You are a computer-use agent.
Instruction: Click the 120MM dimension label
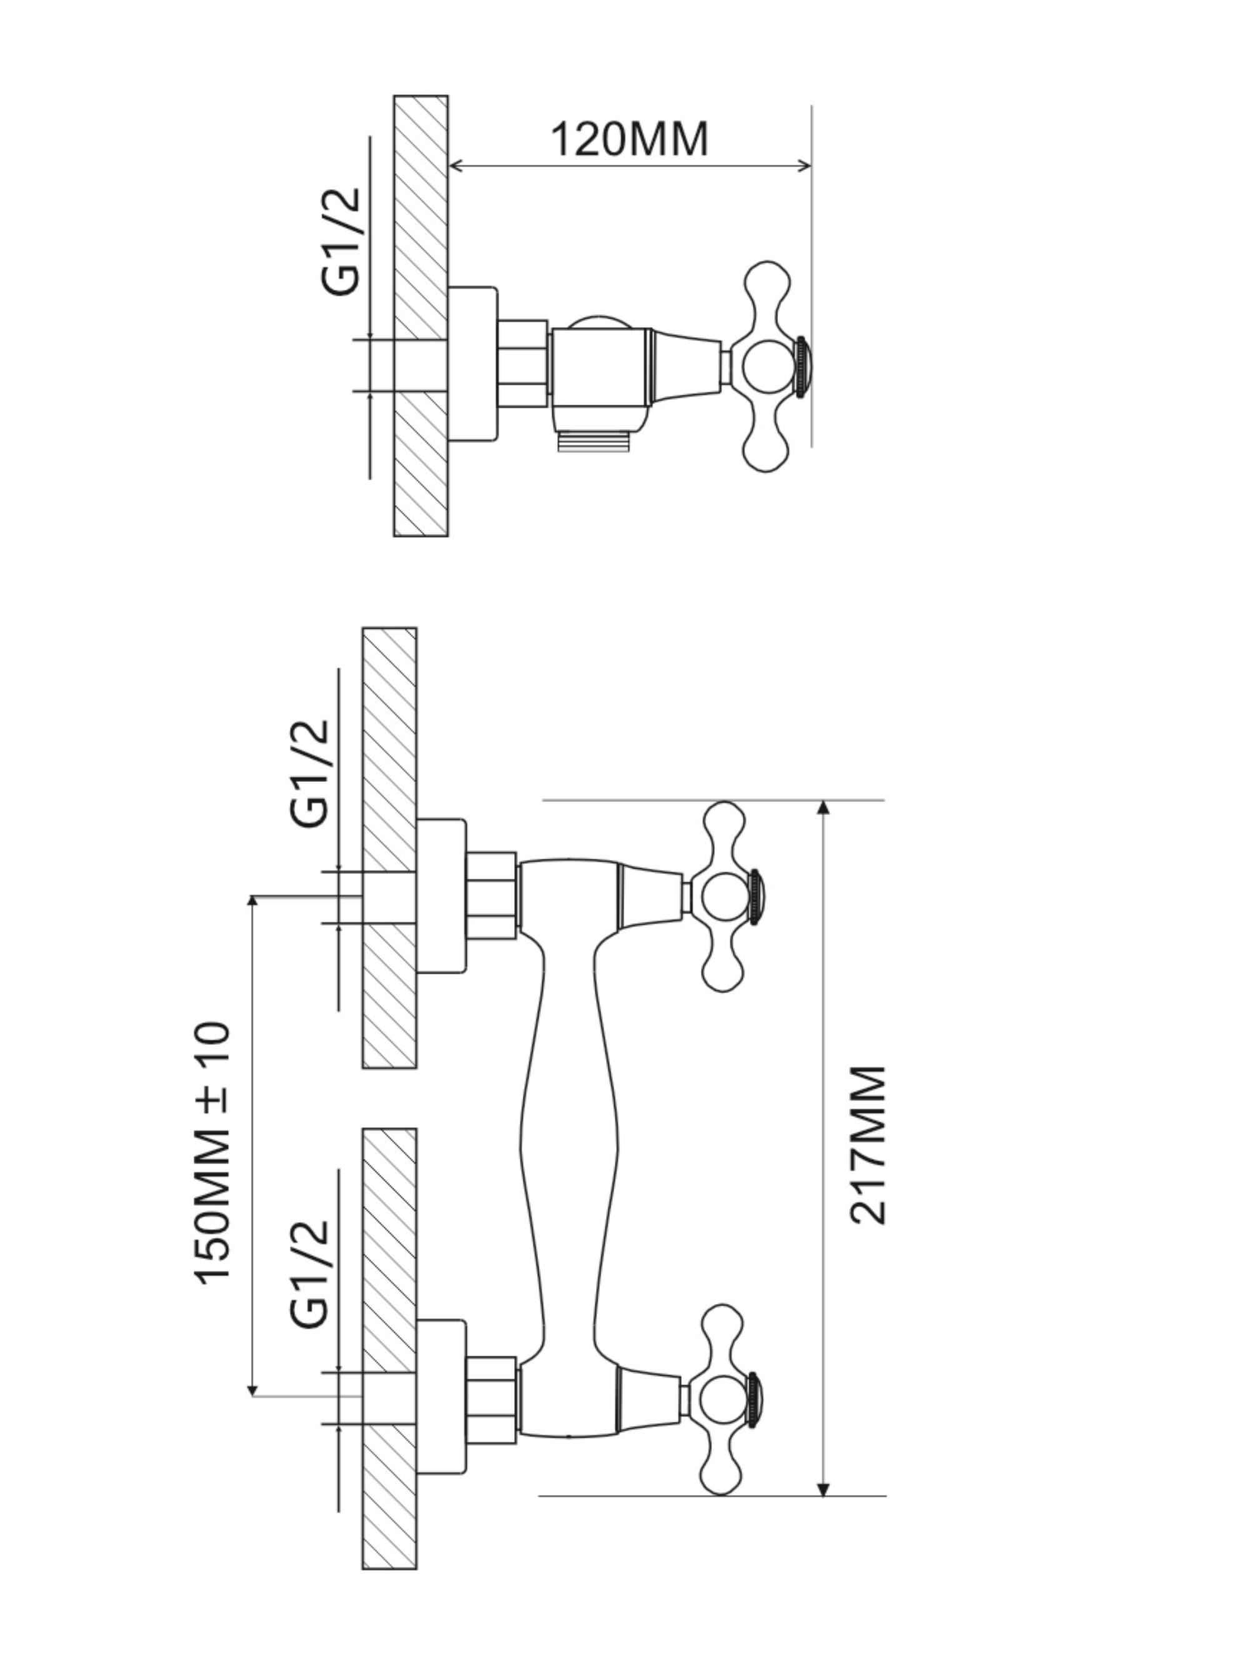[629, 139]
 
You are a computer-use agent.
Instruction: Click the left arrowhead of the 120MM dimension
[455, 166]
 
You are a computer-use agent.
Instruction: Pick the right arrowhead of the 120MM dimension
[805, 166]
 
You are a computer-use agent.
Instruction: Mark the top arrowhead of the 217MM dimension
[823, 807]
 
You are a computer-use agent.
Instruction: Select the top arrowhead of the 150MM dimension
[253, 902]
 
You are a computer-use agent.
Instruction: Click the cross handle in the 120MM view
[772, 367]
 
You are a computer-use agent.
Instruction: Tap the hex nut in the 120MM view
[522, 363]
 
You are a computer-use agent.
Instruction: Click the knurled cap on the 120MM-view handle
[802, 366]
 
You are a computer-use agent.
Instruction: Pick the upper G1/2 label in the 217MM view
[309, 773]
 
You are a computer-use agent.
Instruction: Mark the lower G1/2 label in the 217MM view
[309, 1274]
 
